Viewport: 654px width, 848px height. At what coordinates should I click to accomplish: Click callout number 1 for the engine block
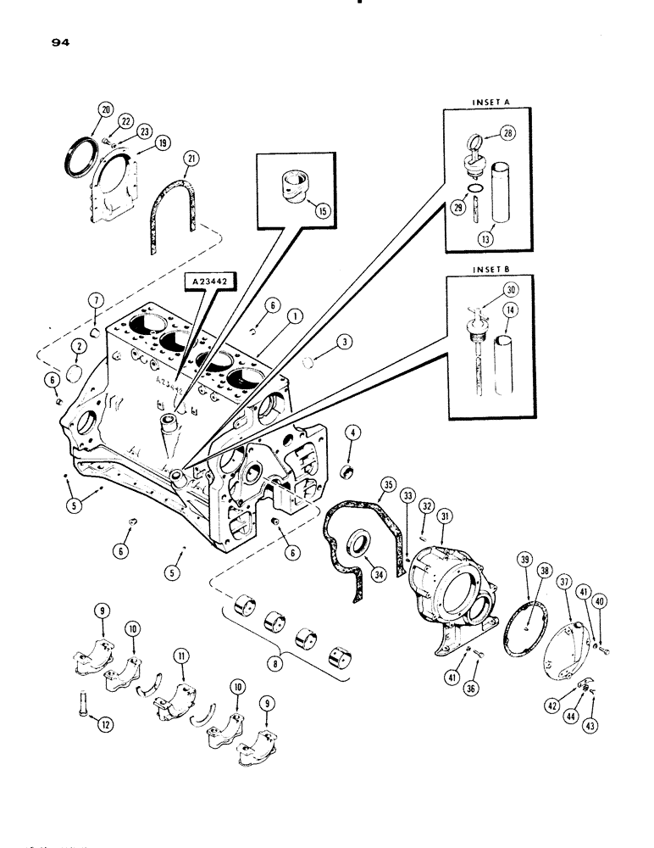[294, 315]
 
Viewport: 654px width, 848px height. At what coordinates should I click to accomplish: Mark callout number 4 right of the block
[352, 432]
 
